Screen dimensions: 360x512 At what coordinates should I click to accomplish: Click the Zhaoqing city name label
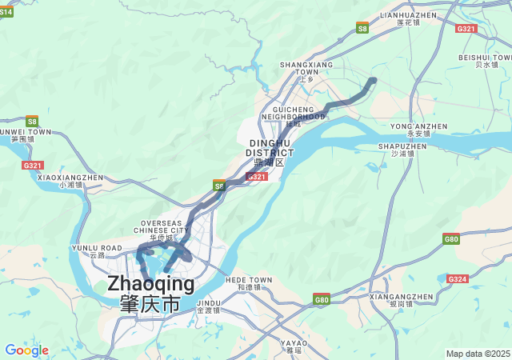(150, 293)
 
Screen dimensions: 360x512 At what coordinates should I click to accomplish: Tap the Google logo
(26, 350)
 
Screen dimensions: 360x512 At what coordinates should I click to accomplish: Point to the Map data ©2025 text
(478, 354)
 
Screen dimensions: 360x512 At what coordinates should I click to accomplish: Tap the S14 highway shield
(6, 12)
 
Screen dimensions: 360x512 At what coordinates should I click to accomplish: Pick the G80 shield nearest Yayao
(322, 300)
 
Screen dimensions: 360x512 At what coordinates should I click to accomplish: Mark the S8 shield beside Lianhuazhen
(362, 28)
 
